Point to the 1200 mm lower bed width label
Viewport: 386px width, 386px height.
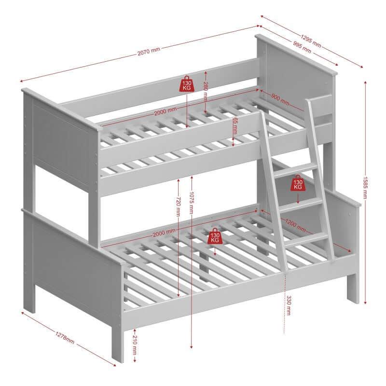coord(295,225)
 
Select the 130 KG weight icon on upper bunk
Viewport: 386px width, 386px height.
coord(187,84)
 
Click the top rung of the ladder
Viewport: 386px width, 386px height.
coord(295,170)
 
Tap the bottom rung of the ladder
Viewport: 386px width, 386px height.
coord(307,238)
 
